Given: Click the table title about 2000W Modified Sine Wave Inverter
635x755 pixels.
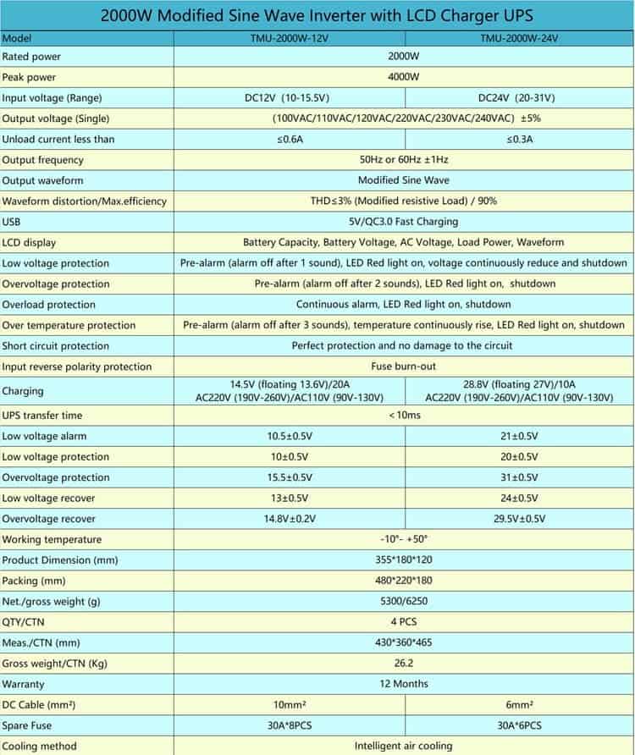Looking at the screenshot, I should pyautogui.click(x=317, y=16).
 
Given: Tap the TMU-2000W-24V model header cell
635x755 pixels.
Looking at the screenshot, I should pyautogui.click(x=519, y=38).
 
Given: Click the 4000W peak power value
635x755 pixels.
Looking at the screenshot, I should pyautogui.click(x=403, y=77).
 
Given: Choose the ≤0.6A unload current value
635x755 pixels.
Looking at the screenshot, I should pyautogui.click(x=290, y=139).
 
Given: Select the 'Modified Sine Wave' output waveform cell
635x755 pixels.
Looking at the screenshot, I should pyautogui.click(x=403, y=180).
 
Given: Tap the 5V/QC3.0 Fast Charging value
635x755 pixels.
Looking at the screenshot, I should pyautogui.click(x=403, y=222).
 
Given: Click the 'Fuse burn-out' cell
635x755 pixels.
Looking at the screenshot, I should pyautogui.click(x=403, y=366).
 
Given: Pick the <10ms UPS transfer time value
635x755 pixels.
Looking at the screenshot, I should pyautogui.click(x=403, y=416).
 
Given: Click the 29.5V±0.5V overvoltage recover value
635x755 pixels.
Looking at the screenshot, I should pyautogui.click(x=519, y=519).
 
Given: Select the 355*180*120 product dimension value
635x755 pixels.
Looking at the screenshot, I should pyautogui.click(x=403, y=559).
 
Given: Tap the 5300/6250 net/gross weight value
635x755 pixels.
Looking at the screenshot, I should pyautogui.click(x=403, y=601).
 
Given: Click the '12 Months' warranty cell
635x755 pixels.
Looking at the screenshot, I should pyautogui.click(x=403, y=684).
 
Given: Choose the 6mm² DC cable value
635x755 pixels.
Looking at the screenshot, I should pyautogui.click(x=519, y=705).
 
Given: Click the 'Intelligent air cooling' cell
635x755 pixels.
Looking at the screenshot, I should pyautogui.click(x=403, y=746).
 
